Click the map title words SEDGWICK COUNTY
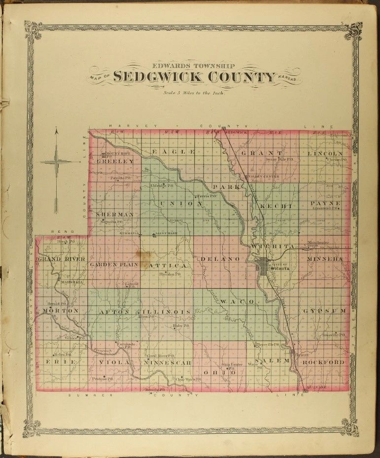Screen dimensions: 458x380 point(194,77)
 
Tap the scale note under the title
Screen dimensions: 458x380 point(194,92)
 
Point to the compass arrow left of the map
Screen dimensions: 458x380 point(57,163)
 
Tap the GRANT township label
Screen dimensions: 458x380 point(262,153)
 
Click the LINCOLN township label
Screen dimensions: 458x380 point(325,154)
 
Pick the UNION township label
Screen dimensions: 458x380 point(180,204)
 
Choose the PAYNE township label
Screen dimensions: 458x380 point(325,203)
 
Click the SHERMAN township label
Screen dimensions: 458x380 point(115,214)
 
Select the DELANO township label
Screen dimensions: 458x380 point(220,259)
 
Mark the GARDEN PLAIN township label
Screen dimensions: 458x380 point(114,265)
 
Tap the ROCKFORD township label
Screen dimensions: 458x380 point(323,362)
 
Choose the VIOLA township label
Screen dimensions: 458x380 point(114,362)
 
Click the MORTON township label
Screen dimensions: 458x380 point(60,311)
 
